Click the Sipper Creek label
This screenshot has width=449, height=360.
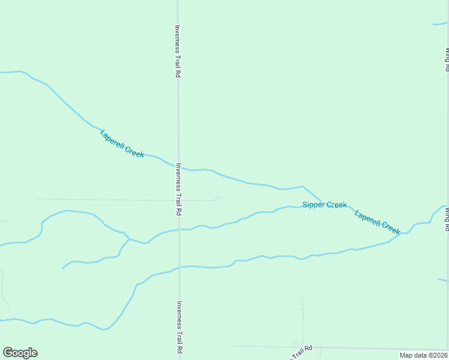[324, 205]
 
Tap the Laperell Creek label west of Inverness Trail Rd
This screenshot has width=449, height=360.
[122, 143]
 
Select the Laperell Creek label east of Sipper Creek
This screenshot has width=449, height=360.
[378, 222]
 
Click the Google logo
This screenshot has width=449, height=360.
[20, 353]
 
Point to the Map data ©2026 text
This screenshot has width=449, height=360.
[423, 355]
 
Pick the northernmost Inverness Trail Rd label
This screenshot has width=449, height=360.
[178, 51]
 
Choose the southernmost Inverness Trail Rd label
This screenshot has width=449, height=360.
[179, 327]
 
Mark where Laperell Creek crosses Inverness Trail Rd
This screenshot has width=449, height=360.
[178, 166]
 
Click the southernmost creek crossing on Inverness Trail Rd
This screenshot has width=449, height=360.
[179, 268]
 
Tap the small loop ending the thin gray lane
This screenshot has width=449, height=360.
[217, 199]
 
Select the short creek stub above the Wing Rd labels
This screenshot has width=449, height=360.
[440, 25]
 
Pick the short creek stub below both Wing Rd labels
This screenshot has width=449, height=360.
[443, 280]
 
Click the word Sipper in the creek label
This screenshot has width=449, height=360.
[313, 205]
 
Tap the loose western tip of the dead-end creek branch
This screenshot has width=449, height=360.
[62, 268]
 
